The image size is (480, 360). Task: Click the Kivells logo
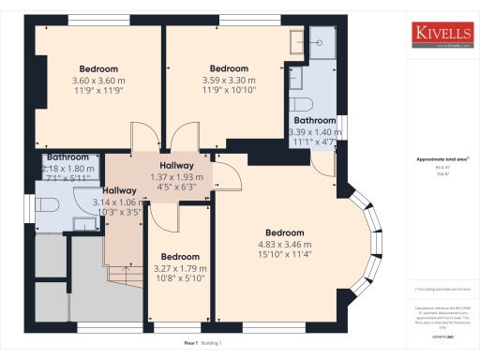pos(442,35)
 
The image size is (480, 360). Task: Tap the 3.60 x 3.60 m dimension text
pos(97,81)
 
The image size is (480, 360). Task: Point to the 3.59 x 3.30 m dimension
pos(229,81)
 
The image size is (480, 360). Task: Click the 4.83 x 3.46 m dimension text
pos(284,245)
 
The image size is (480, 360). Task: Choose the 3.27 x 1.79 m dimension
pos(180,268)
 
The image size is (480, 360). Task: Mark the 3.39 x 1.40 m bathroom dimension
pos(314,132)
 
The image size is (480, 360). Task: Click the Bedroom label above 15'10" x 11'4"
pos(284,232)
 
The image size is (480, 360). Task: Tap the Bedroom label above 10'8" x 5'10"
pos(180,256)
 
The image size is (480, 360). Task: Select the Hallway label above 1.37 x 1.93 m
pos(176,165)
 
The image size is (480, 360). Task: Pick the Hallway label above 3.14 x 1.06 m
pos(119,190)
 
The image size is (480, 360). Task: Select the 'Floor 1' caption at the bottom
pos(192,344)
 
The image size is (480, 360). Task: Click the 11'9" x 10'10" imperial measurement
pos(229,92)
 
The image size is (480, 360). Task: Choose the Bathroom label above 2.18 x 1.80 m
pos(68,157)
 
